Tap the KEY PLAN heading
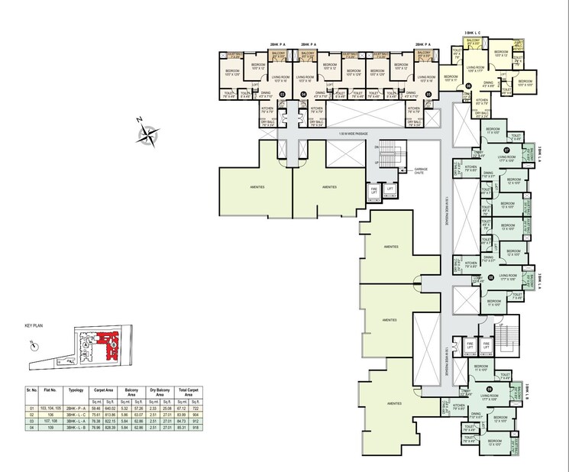(x=35, y=326)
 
